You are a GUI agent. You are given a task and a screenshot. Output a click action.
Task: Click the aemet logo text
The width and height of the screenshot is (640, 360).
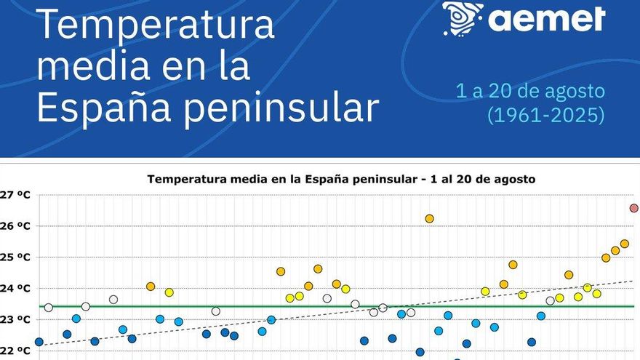pyautogui.click(x=546, y=19)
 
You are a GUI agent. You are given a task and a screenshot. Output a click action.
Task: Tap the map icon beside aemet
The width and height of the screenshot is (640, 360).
pyautogui.click(x=463, y=18)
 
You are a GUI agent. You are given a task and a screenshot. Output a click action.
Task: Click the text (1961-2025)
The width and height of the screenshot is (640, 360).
pyautogui.click(x=546, y=115)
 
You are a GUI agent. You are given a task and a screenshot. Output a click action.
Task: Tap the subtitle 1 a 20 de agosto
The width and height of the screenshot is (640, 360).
pyautogui.click(x=530, y=91)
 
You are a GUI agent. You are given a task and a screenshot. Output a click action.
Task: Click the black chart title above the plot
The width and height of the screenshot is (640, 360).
pyautogui.click(x=341, y=179)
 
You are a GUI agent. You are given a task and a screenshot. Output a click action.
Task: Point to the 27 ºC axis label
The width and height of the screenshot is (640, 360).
pyautogui.click(x=15, y=195)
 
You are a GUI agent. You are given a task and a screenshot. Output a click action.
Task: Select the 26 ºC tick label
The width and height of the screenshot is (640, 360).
pyautogui.click(x=15, y=226)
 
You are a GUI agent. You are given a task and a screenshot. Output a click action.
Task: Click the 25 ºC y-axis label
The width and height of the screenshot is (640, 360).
pyautogui.click(x=15, y=257)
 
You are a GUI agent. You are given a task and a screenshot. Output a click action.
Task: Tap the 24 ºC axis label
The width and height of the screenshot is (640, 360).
pyautogui.click(x=15, y=289)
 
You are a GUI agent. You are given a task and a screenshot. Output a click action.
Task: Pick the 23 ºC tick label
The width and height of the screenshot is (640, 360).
pyautogui.click(x=15, y=319)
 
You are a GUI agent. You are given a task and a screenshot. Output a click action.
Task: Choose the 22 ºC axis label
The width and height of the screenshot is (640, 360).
pyautogui.click(x=15, y=351)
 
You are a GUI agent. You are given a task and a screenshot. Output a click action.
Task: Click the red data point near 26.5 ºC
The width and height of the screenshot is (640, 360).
pyautogui.click(x=634, y=208)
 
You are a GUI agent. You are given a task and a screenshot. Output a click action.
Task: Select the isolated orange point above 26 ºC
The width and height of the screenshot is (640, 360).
pyautogui.click(x=429, y=219)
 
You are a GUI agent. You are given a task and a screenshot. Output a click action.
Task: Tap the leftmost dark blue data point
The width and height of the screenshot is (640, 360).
pyautogui.click(x=39, y=342)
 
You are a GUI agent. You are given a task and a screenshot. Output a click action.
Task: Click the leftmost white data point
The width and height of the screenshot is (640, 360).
pyautogui.click(x=49, y=308)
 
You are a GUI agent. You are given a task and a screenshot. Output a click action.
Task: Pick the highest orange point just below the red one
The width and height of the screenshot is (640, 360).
pyautogui.click(x=625, y=244)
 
